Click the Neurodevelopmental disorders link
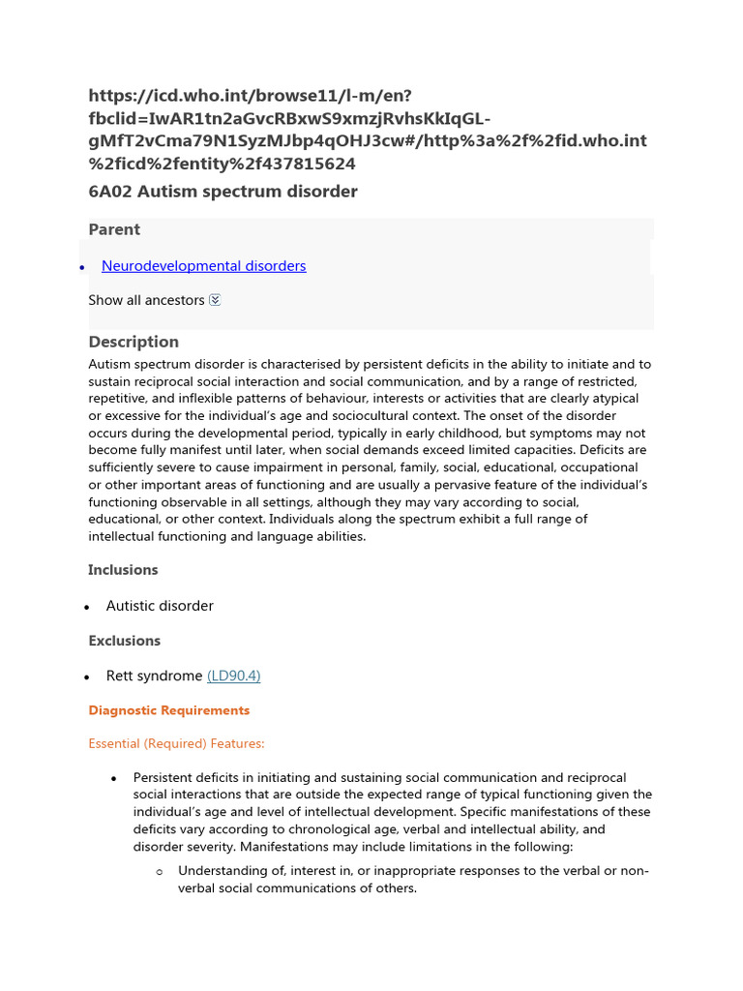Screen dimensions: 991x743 pos(203,266)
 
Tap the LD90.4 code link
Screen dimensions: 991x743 pos(233,676)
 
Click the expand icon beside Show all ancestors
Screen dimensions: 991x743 pos(215,300)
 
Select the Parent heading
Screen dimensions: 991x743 pos(114,229)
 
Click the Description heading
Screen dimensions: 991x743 pos(134,342)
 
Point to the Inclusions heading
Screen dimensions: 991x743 pos(123,570)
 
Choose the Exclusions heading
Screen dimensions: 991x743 pos(124,641)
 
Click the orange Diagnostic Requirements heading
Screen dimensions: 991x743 pos(168,710)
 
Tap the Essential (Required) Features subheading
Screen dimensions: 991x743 pos(176,744)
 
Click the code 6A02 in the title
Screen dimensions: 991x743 pos(110,192)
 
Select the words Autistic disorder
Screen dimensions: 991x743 pos(160,606)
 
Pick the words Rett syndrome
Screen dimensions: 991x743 pos(154,676)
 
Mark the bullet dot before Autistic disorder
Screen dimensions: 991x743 pos(87,607)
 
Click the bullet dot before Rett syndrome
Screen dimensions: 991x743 pos(87,676)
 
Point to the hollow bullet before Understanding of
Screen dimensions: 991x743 pos(160,872)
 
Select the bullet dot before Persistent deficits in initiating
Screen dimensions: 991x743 pos(113,778)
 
